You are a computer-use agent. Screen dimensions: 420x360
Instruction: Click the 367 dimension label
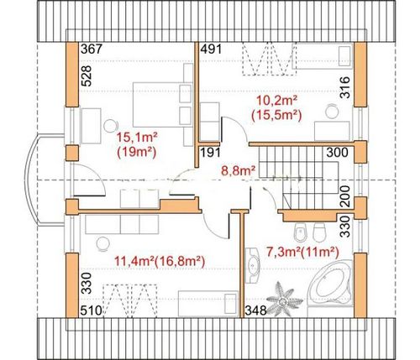[x=91, y=50]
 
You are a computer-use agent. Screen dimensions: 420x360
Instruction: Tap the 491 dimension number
[x=211, y=50]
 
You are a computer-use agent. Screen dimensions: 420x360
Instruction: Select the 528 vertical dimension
[x=87, y=76]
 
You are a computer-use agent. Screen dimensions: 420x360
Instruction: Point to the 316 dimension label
[x=345, y=87]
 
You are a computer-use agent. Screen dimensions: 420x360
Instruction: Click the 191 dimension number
[x=211, y=153]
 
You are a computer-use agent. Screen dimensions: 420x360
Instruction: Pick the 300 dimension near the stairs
[x=338, y=153]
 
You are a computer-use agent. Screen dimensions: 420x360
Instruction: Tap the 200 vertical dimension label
[x=345, y=196]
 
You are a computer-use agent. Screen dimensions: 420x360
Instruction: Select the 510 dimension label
[x=91, y=310]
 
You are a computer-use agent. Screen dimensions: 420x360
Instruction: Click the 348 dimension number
[x=256, y=310]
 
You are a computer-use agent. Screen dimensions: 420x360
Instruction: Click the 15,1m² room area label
[x=137, y=138]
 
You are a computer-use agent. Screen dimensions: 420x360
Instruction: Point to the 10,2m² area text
[x=276, y=100]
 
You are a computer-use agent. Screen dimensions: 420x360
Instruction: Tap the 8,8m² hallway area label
[x=238, y=170]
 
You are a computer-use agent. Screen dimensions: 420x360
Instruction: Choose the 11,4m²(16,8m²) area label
[x=160, y=262]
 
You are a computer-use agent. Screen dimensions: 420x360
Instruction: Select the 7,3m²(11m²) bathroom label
[x=302, y=253]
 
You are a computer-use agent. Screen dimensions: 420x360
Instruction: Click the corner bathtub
[x=330, y=283]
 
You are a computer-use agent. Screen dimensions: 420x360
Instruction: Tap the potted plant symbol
[x=284, y=300]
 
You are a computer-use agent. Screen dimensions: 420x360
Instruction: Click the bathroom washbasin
[x=253, y=265]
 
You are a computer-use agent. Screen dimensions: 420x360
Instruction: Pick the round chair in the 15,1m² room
[x=110, y=126]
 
